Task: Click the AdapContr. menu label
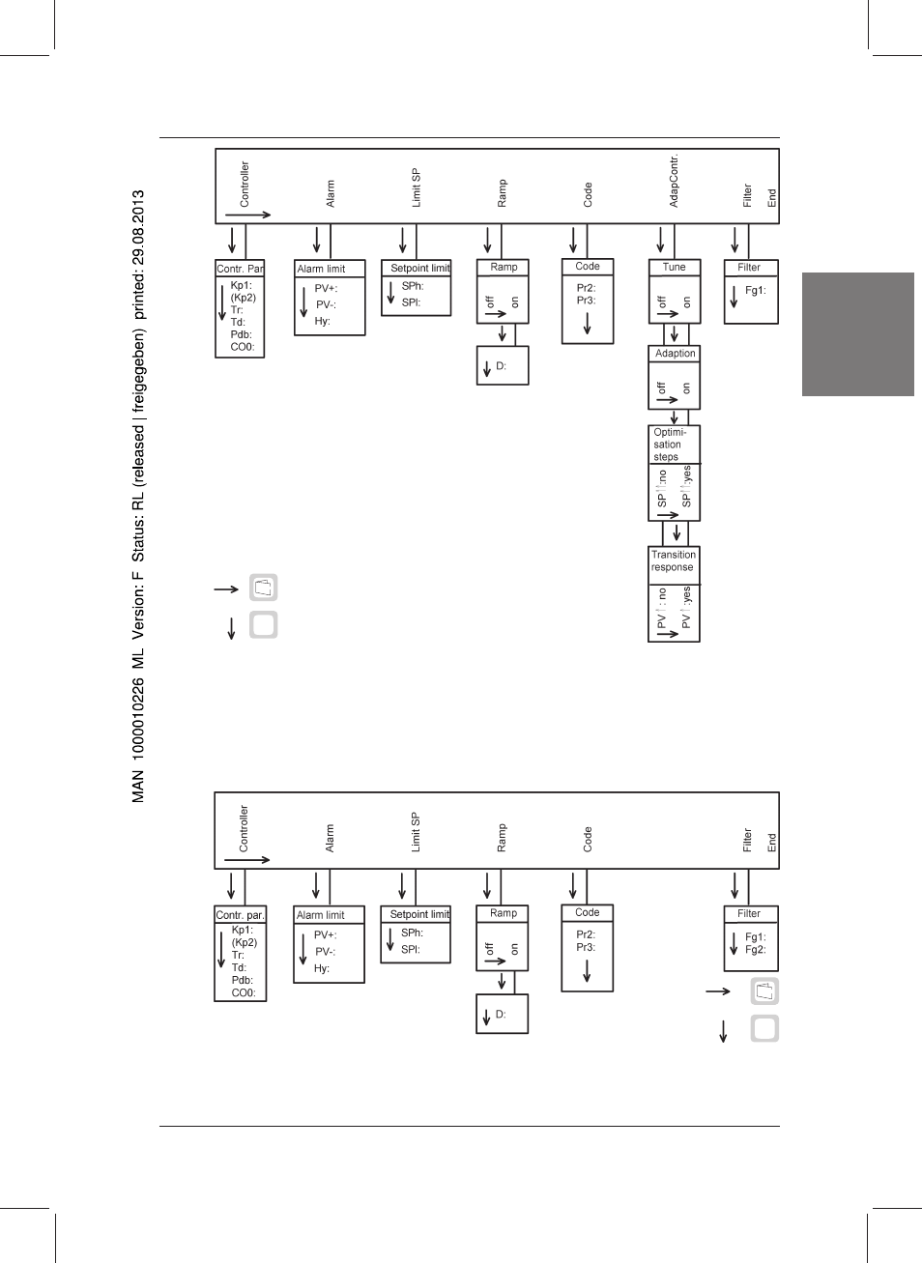click(674, 181)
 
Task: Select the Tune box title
click(674, 267)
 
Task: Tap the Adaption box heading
click(675, 353)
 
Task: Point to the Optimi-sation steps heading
click(670, 445)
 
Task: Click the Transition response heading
click(674, 560)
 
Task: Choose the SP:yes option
click(686, 486)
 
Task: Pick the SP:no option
click(662, 488)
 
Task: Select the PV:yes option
click(686, 607)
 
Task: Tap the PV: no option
click(662, 609)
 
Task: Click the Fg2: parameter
click(756, 949)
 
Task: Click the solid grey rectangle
click(857, 334)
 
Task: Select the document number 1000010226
click(138, 717)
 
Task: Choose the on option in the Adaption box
click(686, 388)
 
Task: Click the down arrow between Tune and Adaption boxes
click(674, 333)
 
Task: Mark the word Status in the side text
click(138, 539)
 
